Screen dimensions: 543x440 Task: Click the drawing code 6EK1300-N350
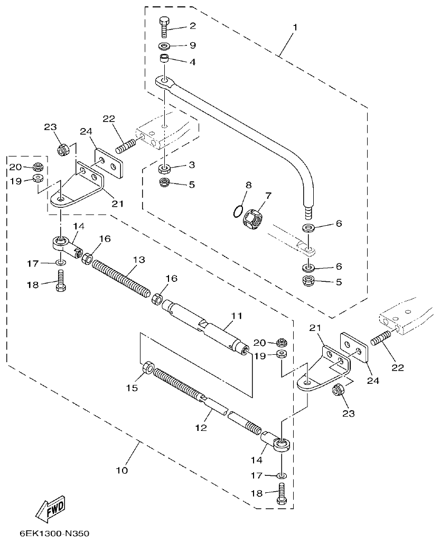click(51, 533)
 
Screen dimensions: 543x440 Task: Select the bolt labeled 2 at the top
click(164, 26)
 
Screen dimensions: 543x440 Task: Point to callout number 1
click(295, 27)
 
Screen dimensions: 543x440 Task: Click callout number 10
click(121, 469)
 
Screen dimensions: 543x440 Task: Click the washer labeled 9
click(164, 46)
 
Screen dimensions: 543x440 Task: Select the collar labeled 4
click(165, 58)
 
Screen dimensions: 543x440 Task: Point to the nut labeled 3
click(164, 169)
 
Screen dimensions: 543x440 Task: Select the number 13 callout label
click(138, 260)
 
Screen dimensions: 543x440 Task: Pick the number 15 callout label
click(132, 388)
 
